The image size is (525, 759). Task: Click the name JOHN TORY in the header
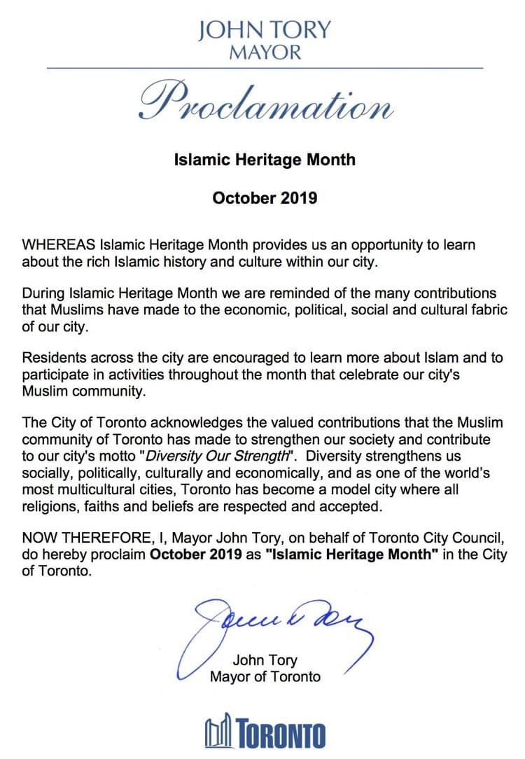pyautogui.click(x=265, y=30)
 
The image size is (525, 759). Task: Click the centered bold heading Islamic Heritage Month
pyautogui.click(x=265, y=160)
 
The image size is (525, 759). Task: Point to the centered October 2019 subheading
pyautogui.click(x=265, y=198)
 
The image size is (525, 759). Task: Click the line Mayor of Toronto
pyautogui.click(x=265, y=677)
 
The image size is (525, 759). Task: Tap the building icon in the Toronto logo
pyautogui.click(x=220, y=733)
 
